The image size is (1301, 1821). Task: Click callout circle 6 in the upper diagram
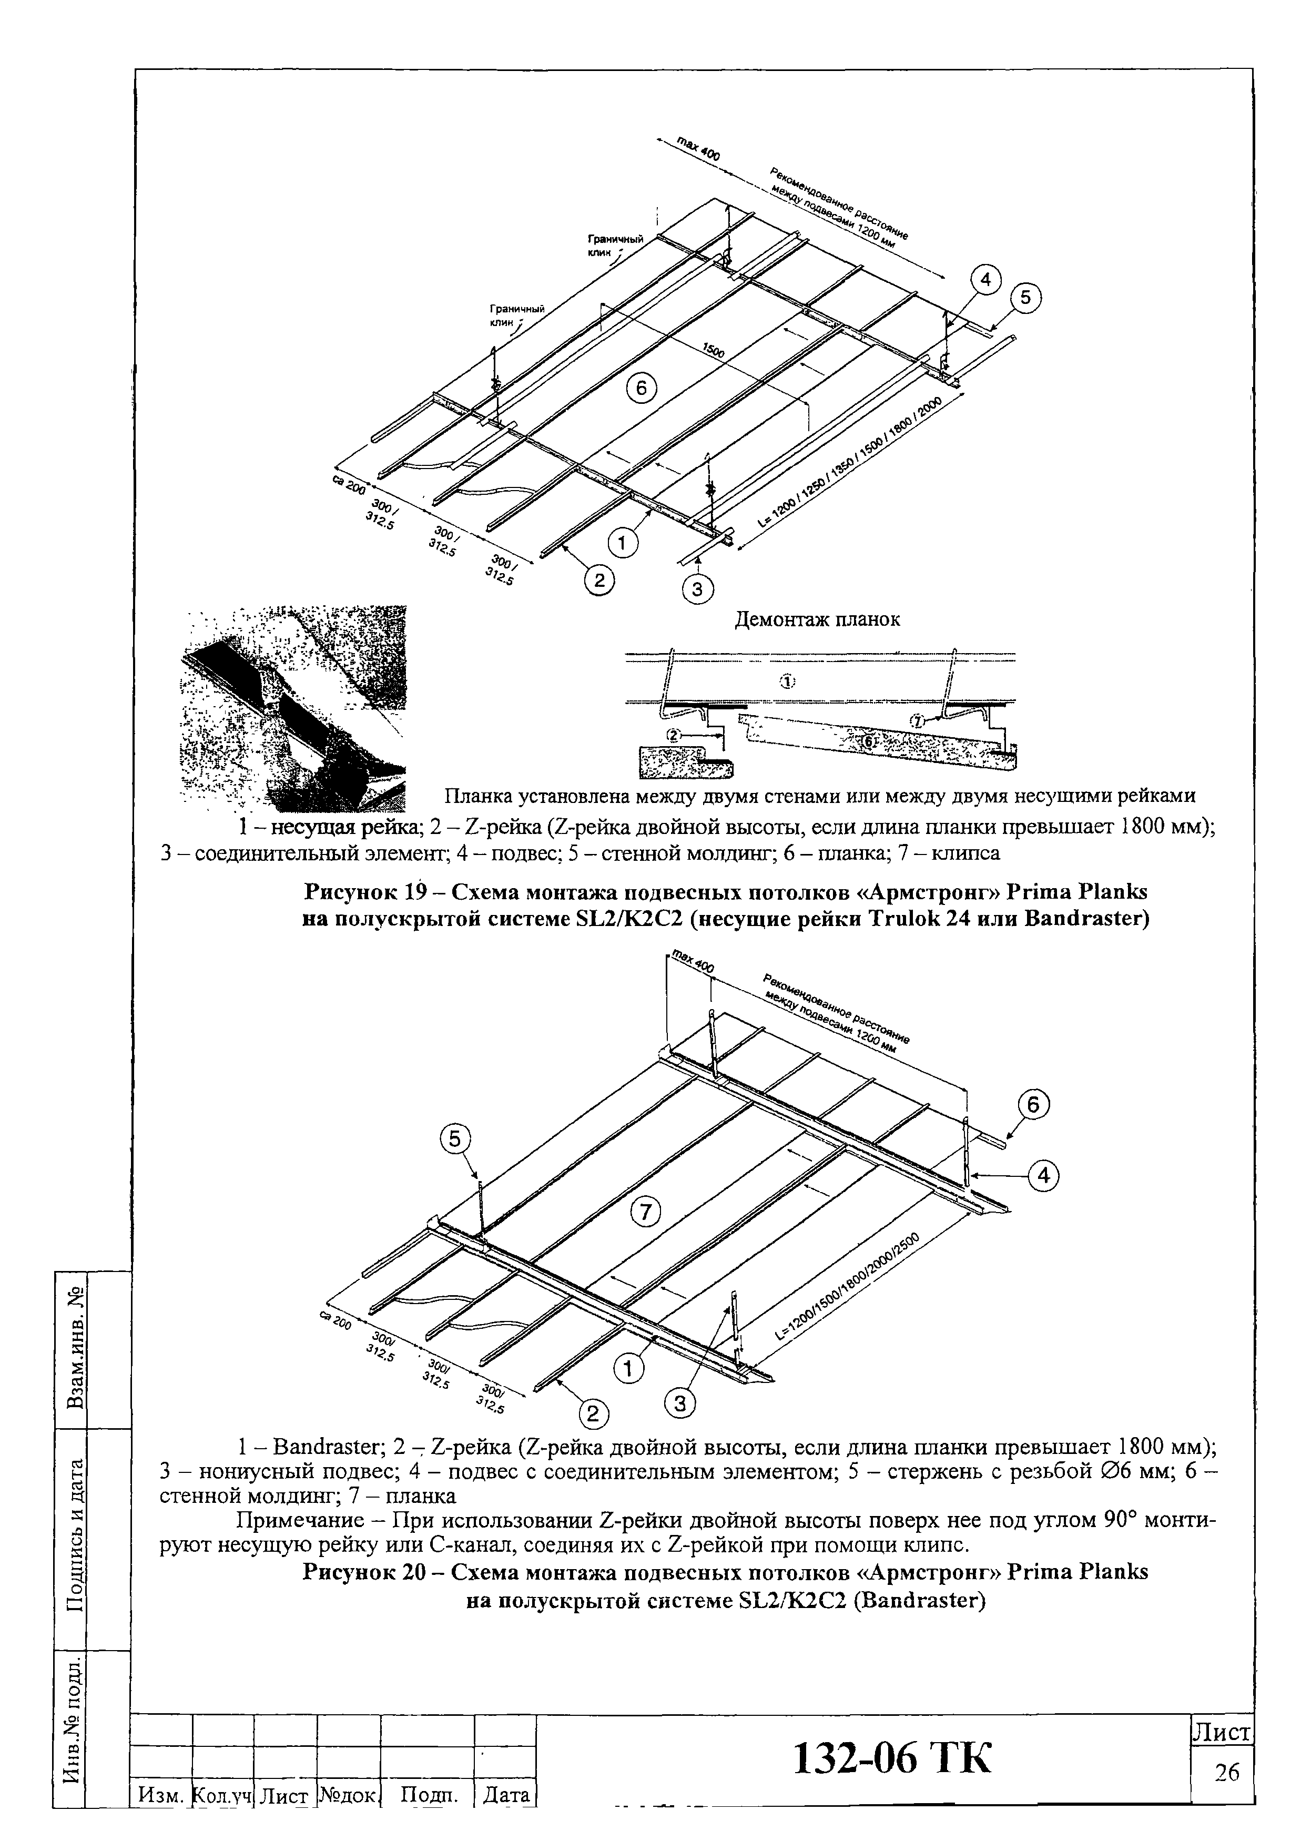[641, 389]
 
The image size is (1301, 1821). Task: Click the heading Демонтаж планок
[817, 619]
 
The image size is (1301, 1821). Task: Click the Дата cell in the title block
[506, 1795]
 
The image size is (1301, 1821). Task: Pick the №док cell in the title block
[348, 1795]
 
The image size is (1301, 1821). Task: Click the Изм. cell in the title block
[161, 1795]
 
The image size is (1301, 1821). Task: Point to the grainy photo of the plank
[294, 709]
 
